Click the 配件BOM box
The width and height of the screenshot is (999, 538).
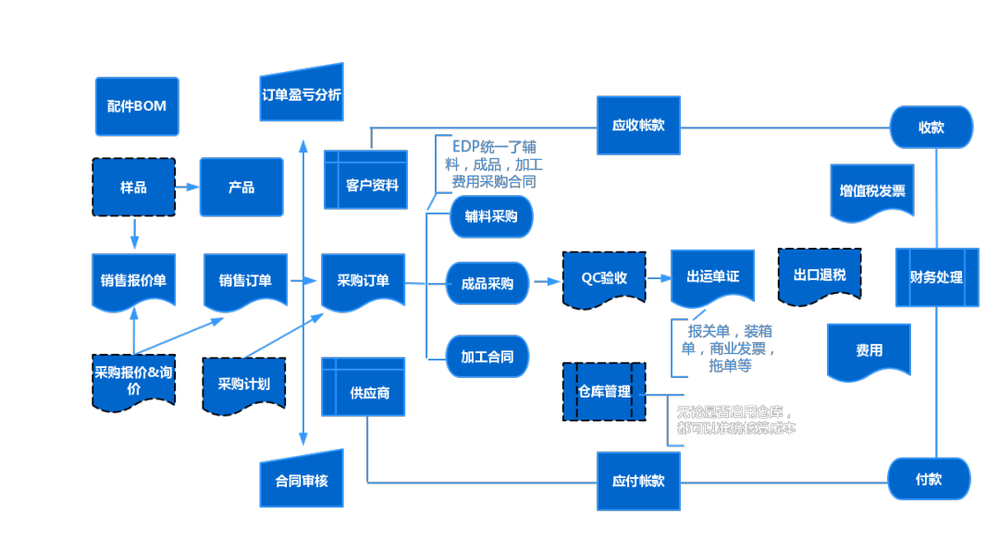[136, 106]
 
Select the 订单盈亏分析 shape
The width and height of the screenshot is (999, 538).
[302, 93]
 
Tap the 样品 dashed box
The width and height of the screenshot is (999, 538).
[133, 187]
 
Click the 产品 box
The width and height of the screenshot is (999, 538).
[241, 187]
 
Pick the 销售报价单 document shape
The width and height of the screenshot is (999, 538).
[133, 279]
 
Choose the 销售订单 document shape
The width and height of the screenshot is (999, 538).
[245, 279]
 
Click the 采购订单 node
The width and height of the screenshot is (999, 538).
[363, 280]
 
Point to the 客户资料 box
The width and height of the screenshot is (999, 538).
[366, 184]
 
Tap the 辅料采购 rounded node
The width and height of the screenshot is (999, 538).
[490, 217]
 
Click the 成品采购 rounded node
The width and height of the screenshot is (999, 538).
[487, 283]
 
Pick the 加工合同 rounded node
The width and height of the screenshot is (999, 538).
[487, 356]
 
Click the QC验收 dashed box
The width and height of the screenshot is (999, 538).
[604, 277]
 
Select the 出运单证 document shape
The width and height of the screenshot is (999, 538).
[712, 276]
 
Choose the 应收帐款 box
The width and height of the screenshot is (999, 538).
[638, 125]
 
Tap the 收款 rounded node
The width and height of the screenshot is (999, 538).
[931, 127]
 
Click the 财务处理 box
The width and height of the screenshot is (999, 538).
[936, 276]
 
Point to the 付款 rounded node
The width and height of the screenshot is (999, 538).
[929, 480]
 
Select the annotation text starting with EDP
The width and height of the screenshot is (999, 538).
[493, 164]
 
